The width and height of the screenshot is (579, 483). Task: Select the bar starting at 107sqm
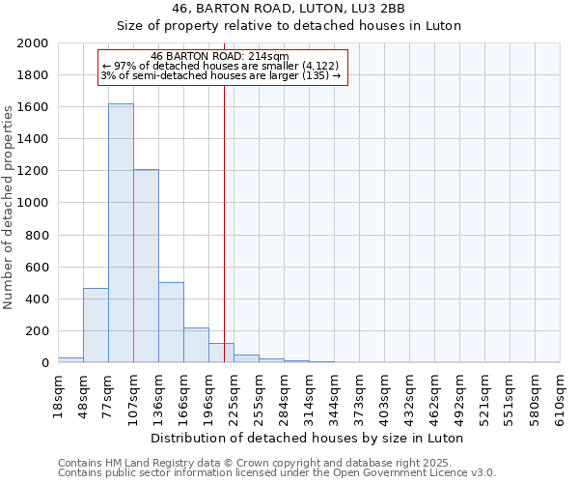coord(146,266)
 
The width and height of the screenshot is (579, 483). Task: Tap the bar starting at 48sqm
coord(96,325)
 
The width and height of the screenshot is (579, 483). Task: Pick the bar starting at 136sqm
coord(171,322)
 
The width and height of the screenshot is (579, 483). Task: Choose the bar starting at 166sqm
coord(196,345)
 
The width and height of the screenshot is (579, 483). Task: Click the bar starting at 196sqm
coord(221,353)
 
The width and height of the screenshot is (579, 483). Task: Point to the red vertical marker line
coord(224,222)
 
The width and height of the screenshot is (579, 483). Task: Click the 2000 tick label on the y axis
coord(33,43)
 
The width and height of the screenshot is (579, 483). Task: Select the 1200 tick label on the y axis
coord(33,171)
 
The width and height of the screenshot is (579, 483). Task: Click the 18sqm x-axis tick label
coord(59,390)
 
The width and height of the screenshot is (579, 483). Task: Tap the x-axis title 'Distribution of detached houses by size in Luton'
coord(307,438)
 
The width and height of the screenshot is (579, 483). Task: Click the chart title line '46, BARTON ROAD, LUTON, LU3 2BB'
coord(289,9)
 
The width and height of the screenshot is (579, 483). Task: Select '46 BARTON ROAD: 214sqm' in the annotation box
coord(220,56)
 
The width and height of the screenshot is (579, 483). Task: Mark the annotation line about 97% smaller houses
coord(220,66)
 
